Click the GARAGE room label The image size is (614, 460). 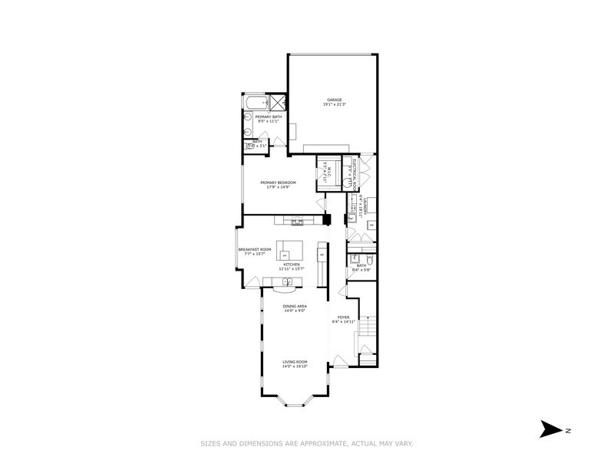click(334, 100)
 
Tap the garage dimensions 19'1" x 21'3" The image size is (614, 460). click(334, 104)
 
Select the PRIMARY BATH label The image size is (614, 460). click(263, 117)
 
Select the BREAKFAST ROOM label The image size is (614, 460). click(255, 249)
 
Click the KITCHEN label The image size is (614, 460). click(292, 264)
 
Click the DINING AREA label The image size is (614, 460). click(295, 306)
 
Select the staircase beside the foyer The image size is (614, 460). click(368, 330)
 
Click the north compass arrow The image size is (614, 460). click(550, 429)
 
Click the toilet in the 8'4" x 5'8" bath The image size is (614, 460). click(369, 264)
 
